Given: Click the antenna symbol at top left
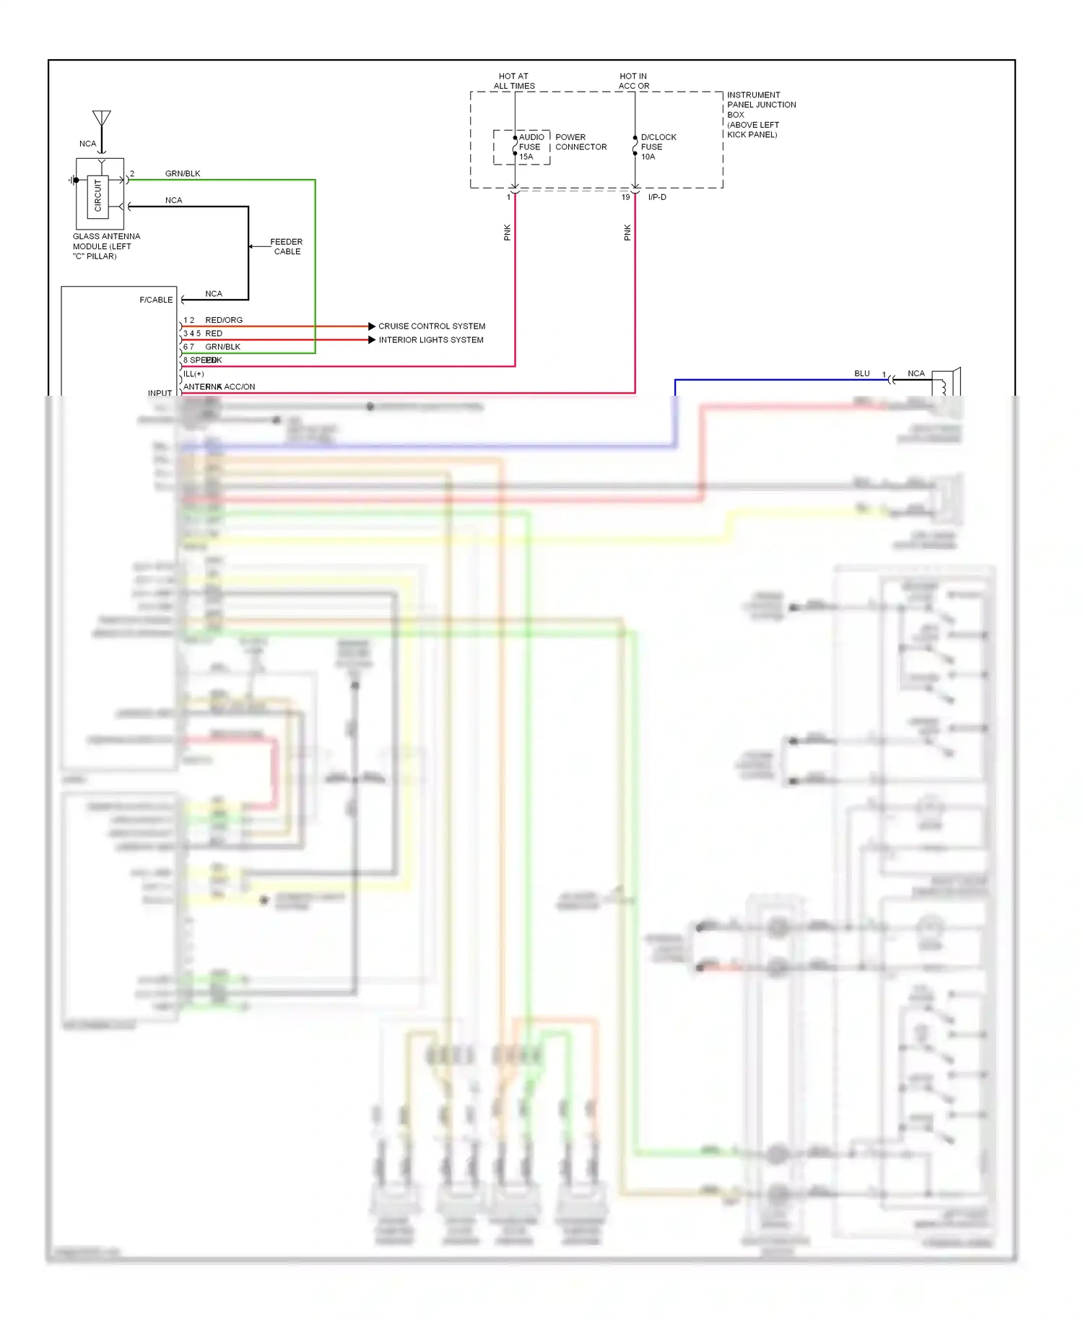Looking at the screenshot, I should click(x=102, y=119).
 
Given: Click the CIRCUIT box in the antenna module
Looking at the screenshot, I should click(x=98, y=196).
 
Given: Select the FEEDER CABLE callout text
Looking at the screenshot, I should click(x=287, y=247).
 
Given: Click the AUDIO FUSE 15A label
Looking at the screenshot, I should click(x=530, y=147).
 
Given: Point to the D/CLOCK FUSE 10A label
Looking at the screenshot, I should click(x=658, y=147).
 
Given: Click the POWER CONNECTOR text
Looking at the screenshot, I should click(x=580, y=142).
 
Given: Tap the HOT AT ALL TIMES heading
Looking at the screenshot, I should click(x=514, y=81).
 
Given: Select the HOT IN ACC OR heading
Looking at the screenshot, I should click(x=633, y=81).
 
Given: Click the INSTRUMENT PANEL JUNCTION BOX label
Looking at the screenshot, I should click(x=760, y=114).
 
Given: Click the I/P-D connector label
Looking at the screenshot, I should click(x=657, y=197).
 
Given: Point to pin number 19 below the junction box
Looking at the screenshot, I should click(x=626, y=197).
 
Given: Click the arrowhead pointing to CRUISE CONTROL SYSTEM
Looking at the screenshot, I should click(x=372, y=326).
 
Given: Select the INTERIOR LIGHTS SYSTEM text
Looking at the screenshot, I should click(x=431, y=340).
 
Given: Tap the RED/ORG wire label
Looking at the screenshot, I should click(x=224, y=320).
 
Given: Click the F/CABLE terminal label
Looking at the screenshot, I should click(x=156, y=300).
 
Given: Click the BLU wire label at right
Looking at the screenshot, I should click(x=861, y=373).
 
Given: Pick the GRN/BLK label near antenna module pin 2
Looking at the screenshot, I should click(x=183, y=173).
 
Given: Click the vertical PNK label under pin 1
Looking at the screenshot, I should click(x=507, y=233).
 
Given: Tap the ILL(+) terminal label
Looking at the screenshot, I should click(x=193, y=374).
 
